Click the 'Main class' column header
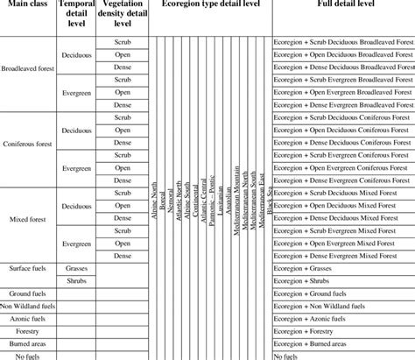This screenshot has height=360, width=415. click(27, 5)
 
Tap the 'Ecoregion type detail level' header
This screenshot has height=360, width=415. click(210, 5)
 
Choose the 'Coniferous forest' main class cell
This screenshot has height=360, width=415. click(28, 143)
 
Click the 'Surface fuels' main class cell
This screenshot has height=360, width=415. click(28, 268)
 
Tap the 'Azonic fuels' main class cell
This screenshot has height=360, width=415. click(28, 319)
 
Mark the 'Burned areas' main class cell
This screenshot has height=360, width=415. click(28, 344)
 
